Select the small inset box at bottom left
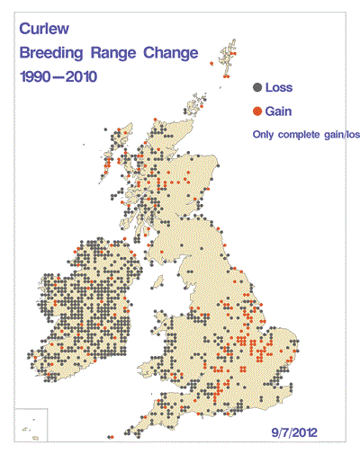click(x=30, y=424)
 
